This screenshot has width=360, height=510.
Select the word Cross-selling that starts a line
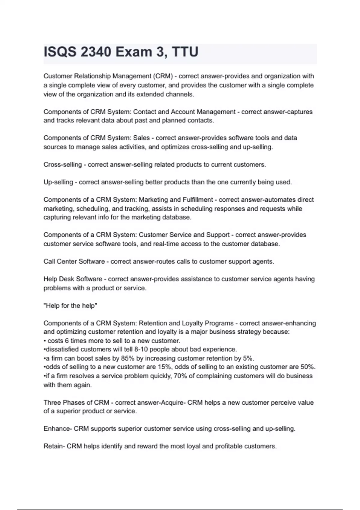click(x=63, y=165)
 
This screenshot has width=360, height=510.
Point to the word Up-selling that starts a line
click(x=58, y=182)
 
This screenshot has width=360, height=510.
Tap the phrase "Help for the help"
click(x=70, y=306)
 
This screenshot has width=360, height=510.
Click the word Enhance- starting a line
click(x=58, y=429)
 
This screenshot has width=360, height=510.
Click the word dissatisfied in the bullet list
click(x=62, y=349)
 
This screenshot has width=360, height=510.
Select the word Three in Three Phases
click(x=52, y=403)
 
